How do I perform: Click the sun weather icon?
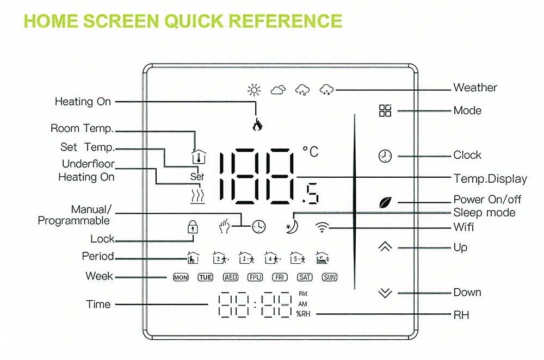click(x=254, y=90)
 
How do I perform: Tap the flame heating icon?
click(x=257, y=125)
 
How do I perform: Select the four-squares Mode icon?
click(x=385, y=110)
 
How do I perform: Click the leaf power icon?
click(x=385, y=202)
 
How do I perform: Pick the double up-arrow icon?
click(x=385, y=247)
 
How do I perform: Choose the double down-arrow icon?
click(x=385, y=293)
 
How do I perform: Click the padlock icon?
click(x=191, y=226)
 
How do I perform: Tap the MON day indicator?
click(x=181, y=277)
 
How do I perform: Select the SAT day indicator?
click(x=305, y=277)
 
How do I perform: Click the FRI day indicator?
click(x=280, y=277)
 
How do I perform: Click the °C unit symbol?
click(x=310, y=152)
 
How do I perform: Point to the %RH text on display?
click(x=303, y=314)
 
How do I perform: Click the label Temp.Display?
click(x=490, y=179)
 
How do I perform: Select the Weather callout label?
click(x=475, y=88)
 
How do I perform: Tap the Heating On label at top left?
click(x=83, y=102)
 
